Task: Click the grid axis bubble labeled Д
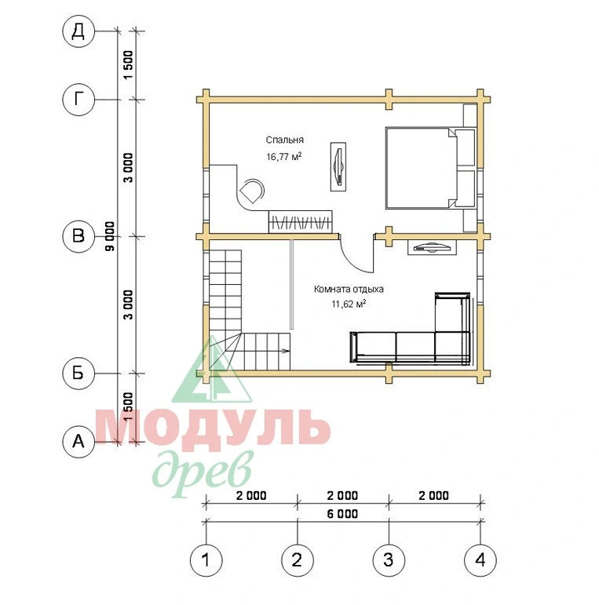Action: pos(79,31)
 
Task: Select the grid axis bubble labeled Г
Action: pos(79,100)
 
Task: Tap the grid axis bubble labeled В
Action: pos(79,236)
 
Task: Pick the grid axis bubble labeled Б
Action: pos(79,373)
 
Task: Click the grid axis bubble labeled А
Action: pos(79,442)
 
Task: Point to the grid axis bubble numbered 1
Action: pos(206,560)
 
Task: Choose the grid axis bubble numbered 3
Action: pos(389,560)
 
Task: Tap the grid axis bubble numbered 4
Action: pos(480,560)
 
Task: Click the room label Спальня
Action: pos(284,140)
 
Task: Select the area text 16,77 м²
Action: pos(283,156)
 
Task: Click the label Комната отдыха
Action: pos(349,289)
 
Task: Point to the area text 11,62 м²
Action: pos(349,304)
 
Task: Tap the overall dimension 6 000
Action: pos(342,514)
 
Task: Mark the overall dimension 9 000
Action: pos(111,236)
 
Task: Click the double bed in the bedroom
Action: pos(420,168)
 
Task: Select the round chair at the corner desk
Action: pos(252,191)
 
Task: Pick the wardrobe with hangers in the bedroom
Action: pos(300,221)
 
